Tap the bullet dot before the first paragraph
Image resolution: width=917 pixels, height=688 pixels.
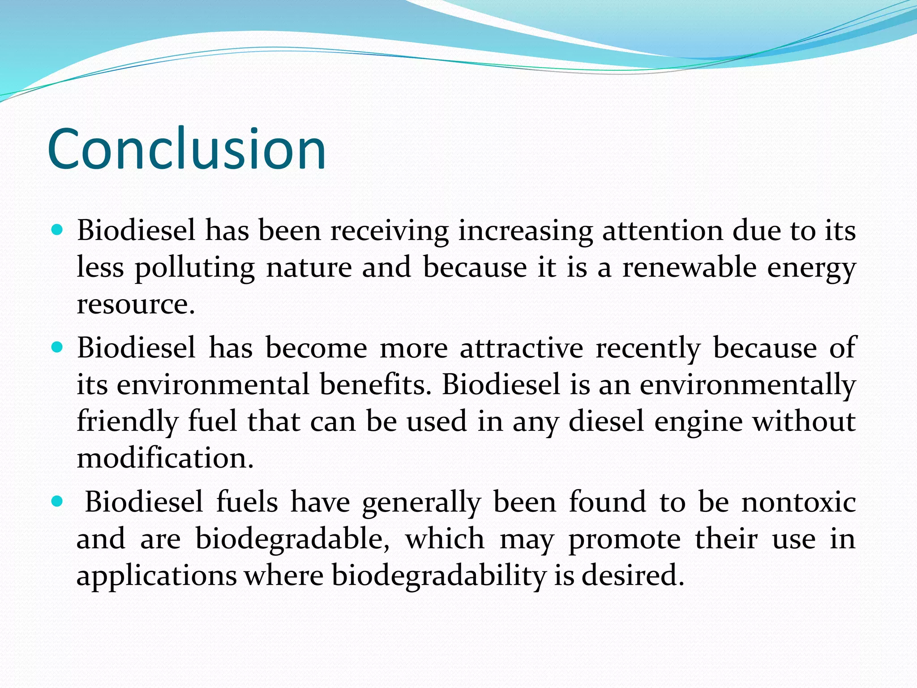(57, 231)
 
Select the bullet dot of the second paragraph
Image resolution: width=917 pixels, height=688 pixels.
(57, 347)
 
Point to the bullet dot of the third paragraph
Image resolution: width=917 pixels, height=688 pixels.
(57, 501)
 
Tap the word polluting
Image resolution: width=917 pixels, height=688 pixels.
(195, 268)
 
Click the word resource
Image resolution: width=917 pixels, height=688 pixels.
(136, 305)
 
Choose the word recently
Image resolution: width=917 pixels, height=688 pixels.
(648, 348)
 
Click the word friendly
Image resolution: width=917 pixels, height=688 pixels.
(127, 422)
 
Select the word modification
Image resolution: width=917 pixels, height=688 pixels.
(165, 459)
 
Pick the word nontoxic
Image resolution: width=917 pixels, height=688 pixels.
(799, 502)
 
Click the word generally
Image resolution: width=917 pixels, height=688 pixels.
(421, 502)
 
